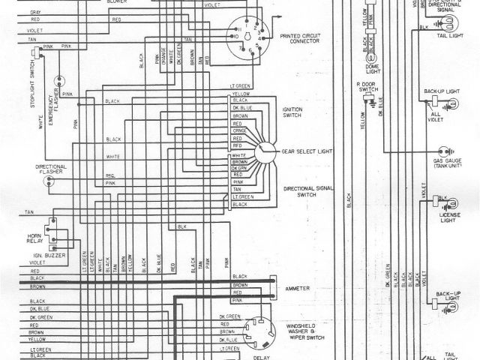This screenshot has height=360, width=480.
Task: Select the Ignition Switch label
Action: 292,112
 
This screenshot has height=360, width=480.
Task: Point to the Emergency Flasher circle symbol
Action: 58,79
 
